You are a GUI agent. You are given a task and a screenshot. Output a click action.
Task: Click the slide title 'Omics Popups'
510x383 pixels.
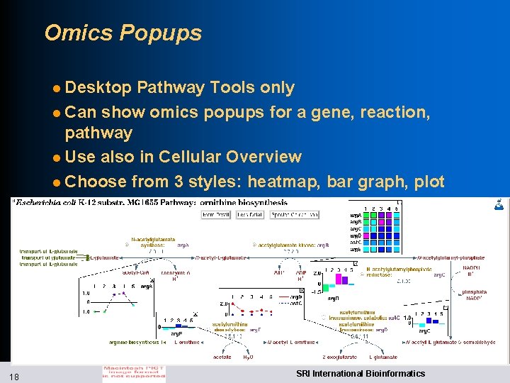123,33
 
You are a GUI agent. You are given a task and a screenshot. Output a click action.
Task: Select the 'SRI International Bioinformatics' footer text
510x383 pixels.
361,374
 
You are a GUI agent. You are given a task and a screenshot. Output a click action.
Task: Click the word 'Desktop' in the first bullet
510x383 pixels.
98,87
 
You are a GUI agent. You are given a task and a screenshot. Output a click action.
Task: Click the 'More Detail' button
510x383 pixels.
217,214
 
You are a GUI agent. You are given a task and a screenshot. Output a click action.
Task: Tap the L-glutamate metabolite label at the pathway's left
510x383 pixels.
103,257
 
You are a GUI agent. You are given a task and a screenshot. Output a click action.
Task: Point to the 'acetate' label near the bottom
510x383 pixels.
221,357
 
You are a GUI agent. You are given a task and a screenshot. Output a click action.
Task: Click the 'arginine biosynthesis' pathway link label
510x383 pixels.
137,343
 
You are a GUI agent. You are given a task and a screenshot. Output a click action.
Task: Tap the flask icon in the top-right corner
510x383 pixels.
499,205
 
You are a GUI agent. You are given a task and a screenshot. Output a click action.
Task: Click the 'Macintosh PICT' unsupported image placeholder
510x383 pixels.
134,372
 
